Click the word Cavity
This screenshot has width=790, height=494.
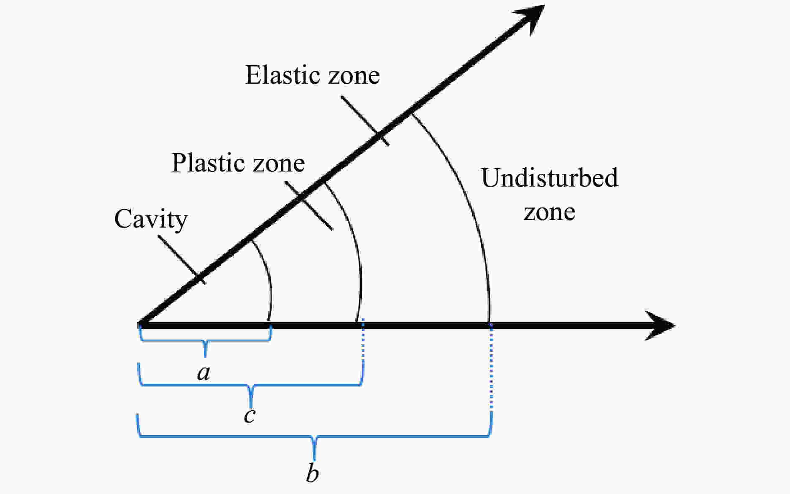click(x=151, y=219)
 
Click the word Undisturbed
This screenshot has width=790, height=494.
click(x=549, y=177)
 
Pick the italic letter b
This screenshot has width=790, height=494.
click(x=312, y=474)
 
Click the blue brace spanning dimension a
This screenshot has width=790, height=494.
click(x=205, y=341)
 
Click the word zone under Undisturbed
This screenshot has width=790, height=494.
click(x=549, y=212)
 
